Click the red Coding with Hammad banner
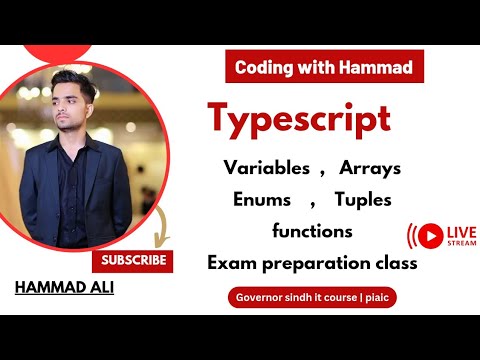[323, 67]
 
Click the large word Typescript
[299, 119]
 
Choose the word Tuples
[364, 199]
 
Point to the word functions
[312, 231]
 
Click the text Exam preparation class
[312, 263]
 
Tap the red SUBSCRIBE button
[132, 262]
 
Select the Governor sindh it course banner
[311, 298]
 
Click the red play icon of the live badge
[431, 236]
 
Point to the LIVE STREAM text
[462, 236]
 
